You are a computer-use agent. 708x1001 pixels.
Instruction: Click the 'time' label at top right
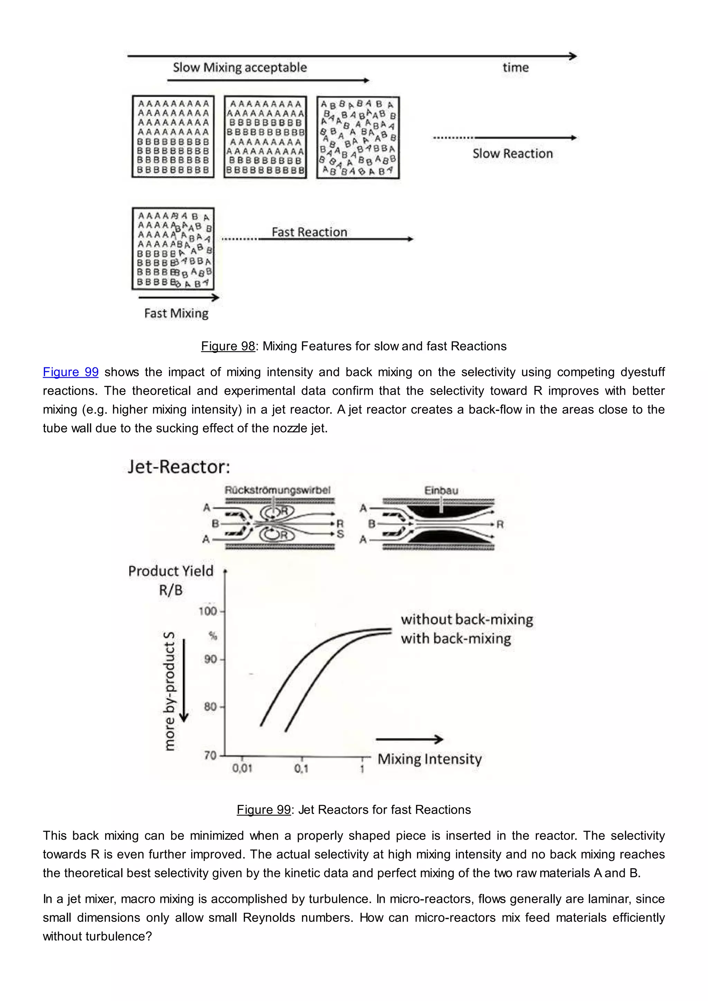(x=515, y=68)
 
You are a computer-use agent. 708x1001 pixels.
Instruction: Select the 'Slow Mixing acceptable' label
(x=240, y=68)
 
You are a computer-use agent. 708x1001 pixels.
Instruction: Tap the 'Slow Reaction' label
(x=512, y=153)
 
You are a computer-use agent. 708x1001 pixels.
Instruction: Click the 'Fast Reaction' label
(x=309, y=232)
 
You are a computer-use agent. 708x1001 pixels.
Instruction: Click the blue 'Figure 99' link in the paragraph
(x=71, y=372)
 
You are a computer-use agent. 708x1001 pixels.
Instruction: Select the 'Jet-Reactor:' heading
(x=179, y=467)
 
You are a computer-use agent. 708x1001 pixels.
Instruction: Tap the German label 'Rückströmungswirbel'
(x=277, y=490)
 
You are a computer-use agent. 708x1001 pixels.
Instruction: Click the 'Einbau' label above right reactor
(x=441, y=490)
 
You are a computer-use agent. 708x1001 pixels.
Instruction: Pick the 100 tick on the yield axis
(x=208, y=611)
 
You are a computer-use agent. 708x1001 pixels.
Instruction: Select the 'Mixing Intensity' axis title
(x=429, y=759)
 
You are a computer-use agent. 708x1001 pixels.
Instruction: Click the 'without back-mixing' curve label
(x=467, y=619)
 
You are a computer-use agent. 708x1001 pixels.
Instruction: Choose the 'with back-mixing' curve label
(x=456, y=639)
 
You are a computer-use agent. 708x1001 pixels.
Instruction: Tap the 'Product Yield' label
(x=171, y=571)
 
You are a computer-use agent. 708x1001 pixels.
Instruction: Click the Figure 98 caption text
(x=354, y=346)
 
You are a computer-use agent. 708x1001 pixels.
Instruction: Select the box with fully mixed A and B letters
(x=358, y=137)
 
